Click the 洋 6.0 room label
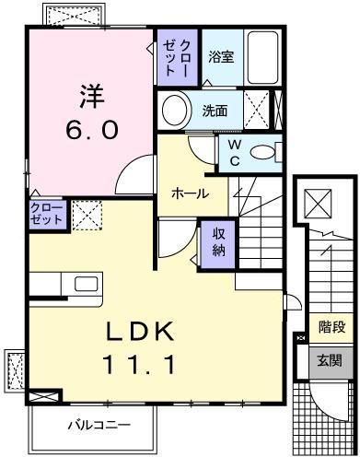91,111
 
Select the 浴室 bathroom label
220,57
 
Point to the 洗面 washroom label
215,111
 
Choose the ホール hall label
190,194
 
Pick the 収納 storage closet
219,242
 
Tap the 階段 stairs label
331,326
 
